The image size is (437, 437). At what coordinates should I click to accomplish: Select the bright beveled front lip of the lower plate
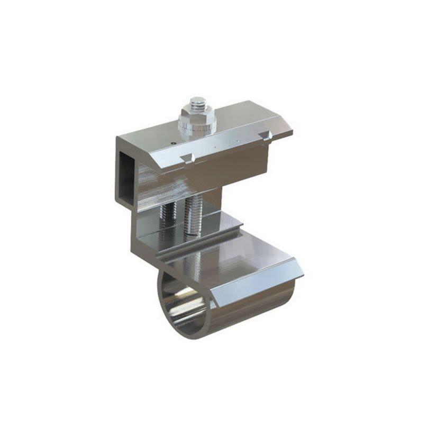259,286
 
